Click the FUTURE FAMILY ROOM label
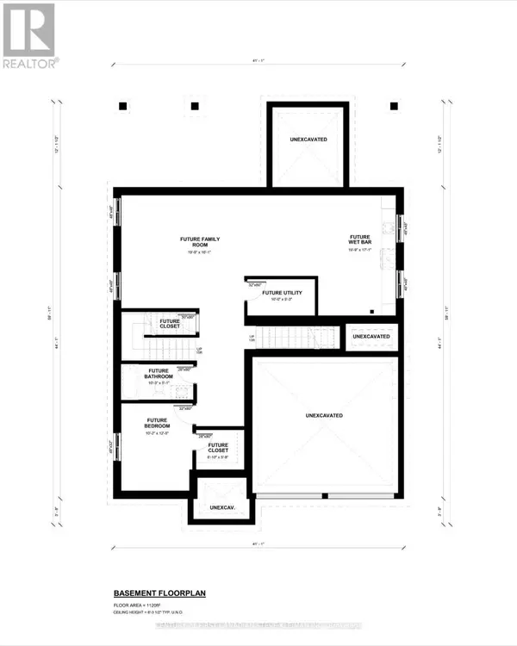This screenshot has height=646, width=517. point(196,241)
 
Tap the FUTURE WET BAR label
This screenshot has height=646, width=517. point(359,239)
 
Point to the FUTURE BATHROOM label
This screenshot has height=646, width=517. point(159,373)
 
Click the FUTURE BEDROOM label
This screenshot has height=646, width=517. point(157,423)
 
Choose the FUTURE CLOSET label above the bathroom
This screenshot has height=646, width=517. point(170,324)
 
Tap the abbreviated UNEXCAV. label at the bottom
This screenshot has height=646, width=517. point(222,508)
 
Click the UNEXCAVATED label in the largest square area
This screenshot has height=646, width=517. point(324,415)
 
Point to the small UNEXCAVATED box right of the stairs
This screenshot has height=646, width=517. point(371,336)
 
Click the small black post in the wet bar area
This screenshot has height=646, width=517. point(371,311)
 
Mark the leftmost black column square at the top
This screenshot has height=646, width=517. point(122,106)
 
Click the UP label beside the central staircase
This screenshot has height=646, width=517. point(252,337)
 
